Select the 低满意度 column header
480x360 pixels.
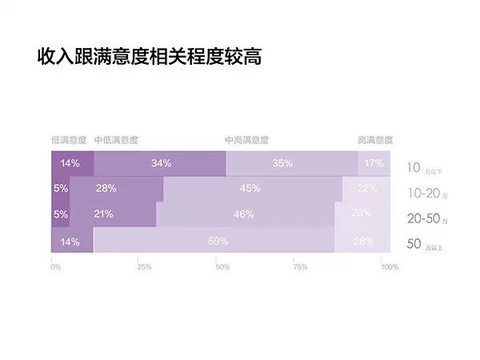[69, 140]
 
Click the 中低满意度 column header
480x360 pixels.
[117, 140]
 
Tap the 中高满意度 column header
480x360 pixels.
[247, 140]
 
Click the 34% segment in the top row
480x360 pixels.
[161, 163]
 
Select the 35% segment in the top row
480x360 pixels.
[282, 163]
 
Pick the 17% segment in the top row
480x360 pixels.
[374, 163]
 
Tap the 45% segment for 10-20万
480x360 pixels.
[250, 189]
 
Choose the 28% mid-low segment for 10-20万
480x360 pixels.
[106, 189]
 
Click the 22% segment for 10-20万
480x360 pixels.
[366, 189]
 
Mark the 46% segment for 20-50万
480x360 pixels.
[244, 214]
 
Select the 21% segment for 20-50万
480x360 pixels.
[103, 214]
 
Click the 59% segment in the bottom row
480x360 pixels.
[218, 241]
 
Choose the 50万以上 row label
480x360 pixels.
[424, 244]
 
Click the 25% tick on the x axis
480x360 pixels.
[138, 266]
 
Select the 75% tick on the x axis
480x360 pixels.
[299, 266]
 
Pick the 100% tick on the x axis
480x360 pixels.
[390, 266]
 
